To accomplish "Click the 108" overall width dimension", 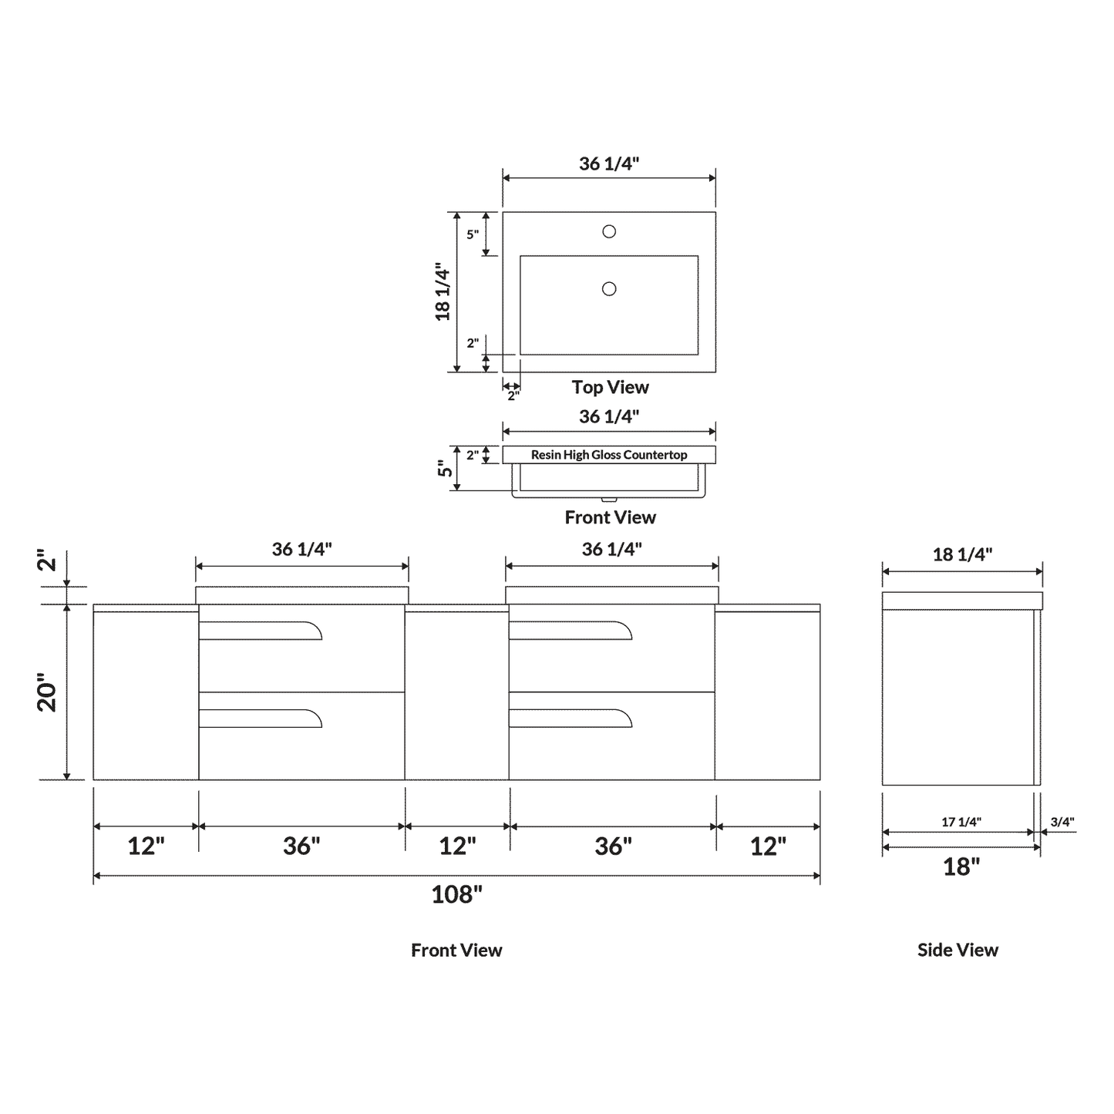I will click(456, 894).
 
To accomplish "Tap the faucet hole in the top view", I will click(609, 231).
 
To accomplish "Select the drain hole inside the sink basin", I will click(609, 289).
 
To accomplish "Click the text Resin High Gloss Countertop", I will click(609, 455).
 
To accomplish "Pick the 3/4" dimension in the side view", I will click(1062, 822).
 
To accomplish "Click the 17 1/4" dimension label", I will click(961, 822).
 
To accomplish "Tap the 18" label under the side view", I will click(961, 867).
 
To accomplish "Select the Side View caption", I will click(958, 950).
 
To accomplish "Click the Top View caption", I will click(610, 387).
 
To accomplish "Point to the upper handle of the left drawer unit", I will click(261, 630).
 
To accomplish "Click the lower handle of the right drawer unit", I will click(570, 718).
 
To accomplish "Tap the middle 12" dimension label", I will click(457, 846).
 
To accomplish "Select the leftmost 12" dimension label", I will click(146, 846).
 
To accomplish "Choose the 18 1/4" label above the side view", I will click(962, 554).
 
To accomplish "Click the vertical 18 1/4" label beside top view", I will click(443, 292).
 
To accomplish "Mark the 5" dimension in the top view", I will click(473, 234).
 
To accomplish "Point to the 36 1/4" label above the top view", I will click(609, 163).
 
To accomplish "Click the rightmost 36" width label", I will click(613, 846).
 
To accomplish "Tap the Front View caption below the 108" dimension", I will click(456, 950).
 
